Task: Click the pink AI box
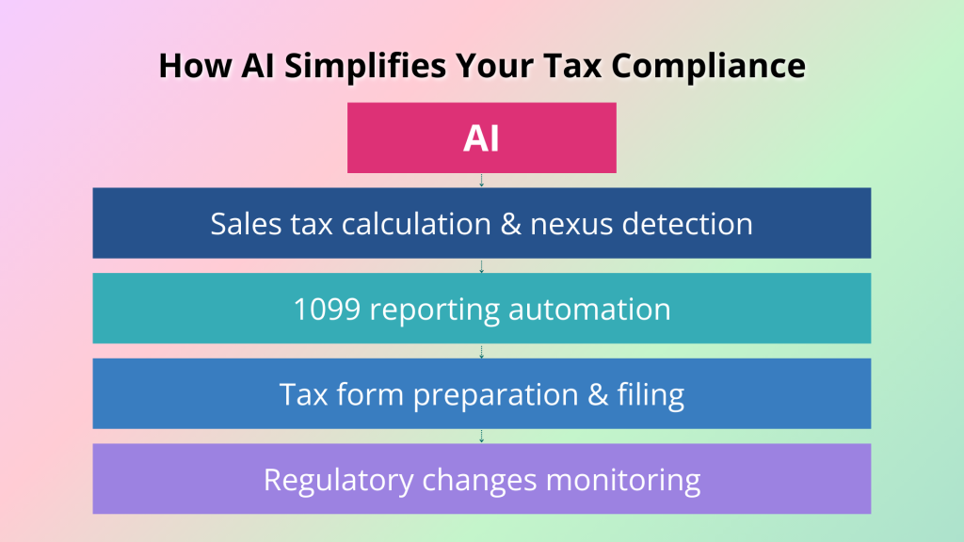(481, 137)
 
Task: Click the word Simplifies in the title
(364, 66)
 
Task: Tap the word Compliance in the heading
(708, 66)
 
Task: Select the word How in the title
(195, 66)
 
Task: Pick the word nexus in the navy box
(571, 224)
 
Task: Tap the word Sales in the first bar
(246, 224)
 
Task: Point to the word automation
(589, 309)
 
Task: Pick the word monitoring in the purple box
(623, 480)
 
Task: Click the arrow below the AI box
(481, 180)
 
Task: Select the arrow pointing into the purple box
(481, 437)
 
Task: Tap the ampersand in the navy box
(511, 224)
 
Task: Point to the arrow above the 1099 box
(481, 266)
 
